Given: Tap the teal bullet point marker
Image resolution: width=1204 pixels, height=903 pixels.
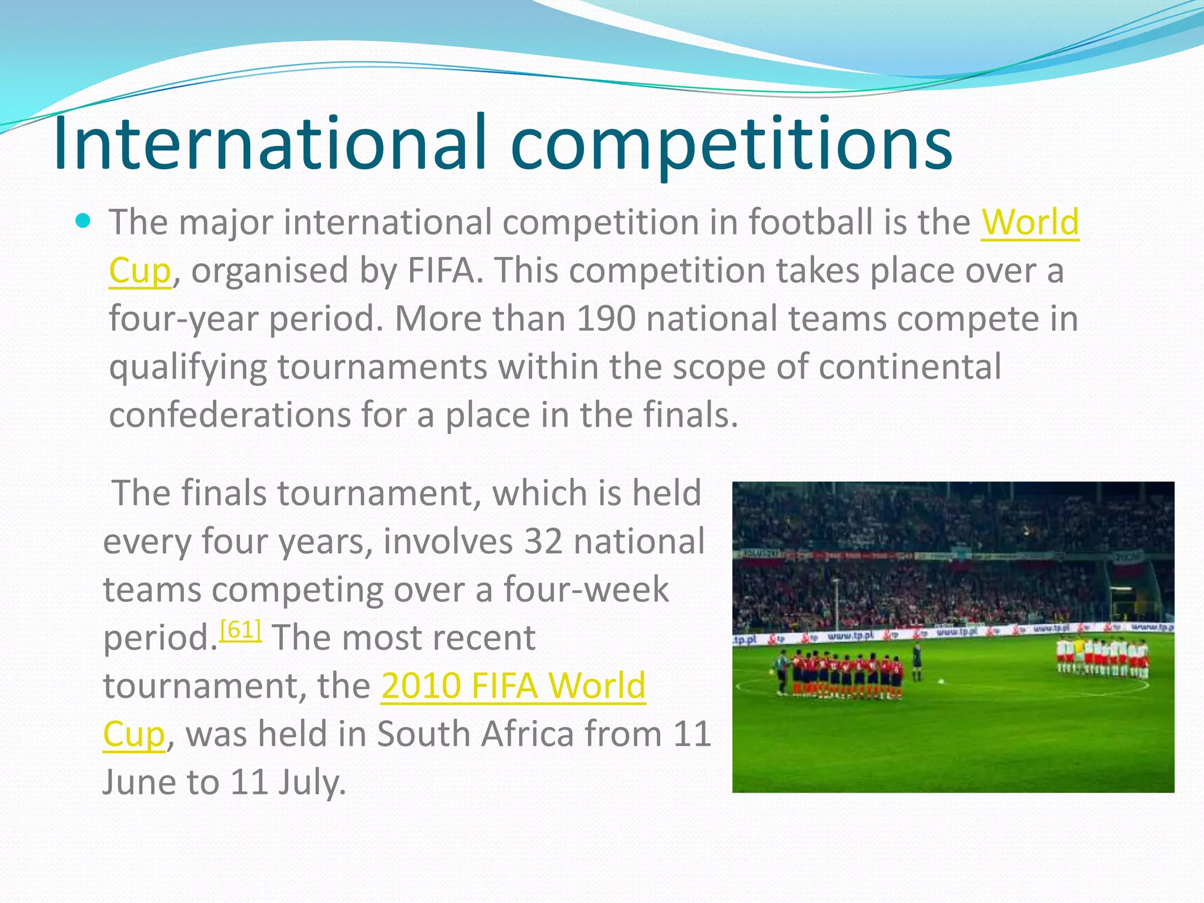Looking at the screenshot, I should click(x=83, y=222).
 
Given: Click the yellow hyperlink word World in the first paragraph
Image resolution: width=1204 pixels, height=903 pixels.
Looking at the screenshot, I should click(x=1030, y=222).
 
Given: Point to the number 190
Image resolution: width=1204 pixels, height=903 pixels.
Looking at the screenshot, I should click(x=606, y=319).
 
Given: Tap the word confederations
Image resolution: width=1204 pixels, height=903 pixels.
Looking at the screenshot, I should click(x=229, y=415).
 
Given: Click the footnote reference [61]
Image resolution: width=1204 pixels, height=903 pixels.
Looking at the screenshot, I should click(x=240, y=630).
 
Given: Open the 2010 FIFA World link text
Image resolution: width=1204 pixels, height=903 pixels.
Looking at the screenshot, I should click(x=513, y=685).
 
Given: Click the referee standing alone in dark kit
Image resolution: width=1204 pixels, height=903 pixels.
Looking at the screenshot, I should click(x=917, y=661).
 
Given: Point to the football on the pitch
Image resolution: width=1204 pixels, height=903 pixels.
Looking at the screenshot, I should click(x=941, y=681).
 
